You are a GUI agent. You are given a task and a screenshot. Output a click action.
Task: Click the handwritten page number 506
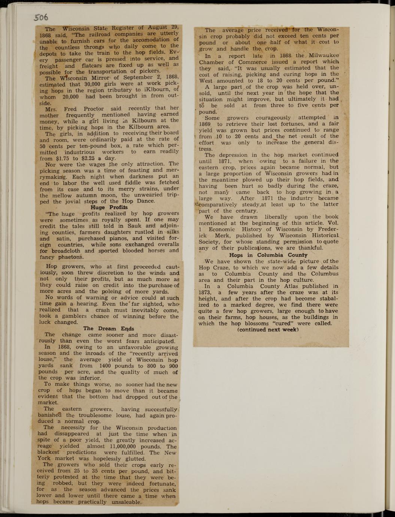[x=41, y=17]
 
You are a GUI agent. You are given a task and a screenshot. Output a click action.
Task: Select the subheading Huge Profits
[x=109, y=207]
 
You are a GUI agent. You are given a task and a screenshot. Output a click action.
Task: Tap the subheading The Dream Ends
[x=109, y=329]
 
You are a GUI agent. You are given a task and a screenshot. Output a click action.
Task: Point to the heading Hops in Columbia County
[x=268, y=255]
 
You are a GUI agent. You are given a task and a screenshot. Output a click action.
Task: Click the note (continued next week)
[x=268, y=330]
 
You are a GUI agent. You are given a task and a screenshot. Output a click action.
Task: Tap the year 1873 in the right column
[x=206, y=293]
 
